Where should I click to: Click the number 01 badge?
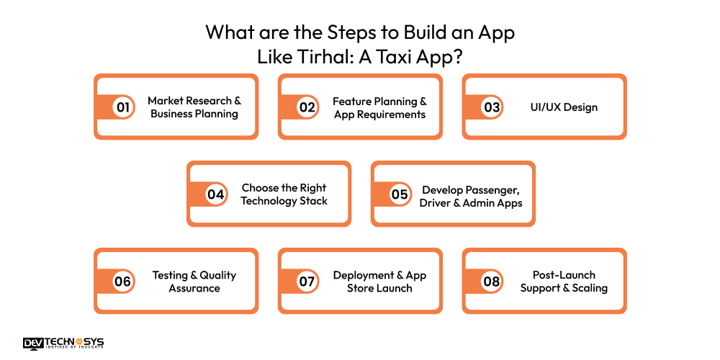click(x=123, y=107)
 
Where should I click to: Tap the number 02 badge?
click(x=307, y=107)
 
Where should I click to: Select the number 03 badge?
click(x=492, y=107)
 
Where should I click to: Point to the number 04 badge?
click(x=216, y=194)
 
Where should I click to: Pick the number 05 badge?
click(x=400, y=194)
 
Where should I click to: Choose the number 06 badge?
click(x=123, y=282)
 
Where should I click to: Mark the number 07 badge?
click(x=307, y=282)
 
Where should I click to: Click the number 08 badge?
click(x=492, y=282)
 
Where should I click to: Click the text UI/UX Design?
click(x=564, y=107)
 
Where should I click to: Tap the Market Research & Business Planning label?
click(x=194, y=107)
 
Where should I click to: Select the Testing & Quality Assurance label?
click(x=194, y=282)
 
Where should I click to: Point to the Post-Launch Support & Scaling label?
click(x=564, y=282)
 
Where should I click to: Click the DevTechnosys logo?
click(x=63, y=343)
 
